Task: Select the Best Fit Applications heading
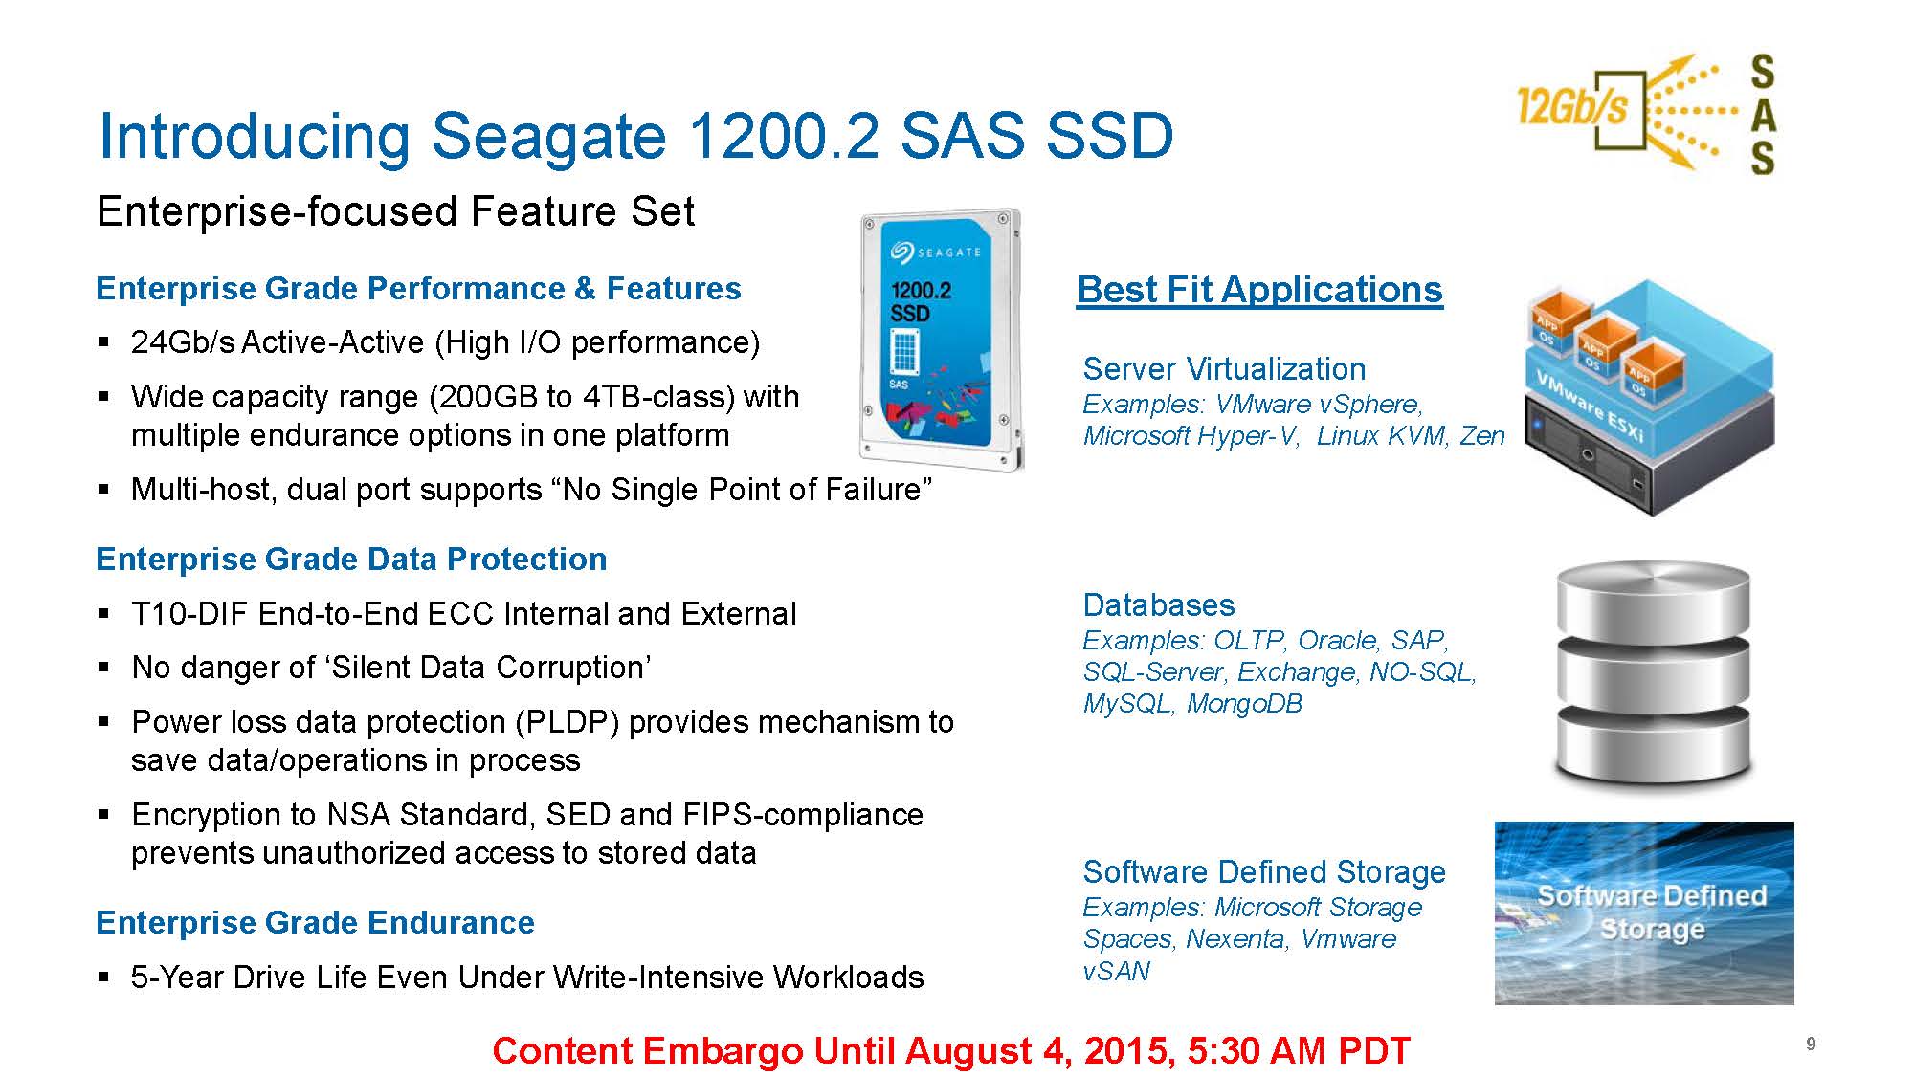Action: point(1259,289)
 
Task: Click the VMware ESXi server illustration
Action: point(1649,397)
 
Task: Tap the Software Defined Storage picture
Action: point(1644,912)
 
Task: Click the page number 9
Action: point(1811,1044)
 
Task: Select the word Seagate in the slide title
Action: point(548,136)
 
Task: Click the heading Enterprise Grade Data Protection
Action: point(351,559)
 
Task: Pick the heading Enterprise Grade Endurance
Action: point(315,922)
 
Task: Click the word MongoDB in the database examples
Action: point(1244,704)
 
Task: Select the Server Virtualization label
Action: point(1224,369)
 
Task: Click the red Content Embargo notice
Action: point(951,1050)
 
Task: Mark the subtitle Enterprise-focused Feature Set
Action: point(395,211)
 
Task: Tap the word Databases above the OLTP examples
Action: point(1159,605)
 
